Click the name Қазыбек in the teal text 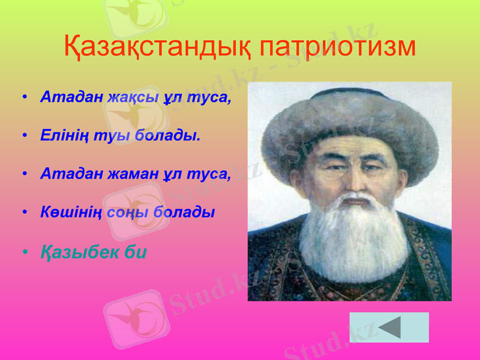(77, 252)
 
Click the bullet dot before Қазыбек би (24, 253)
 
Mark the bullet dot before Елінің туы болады (24, 136)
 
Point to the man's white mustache (354, 201)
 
